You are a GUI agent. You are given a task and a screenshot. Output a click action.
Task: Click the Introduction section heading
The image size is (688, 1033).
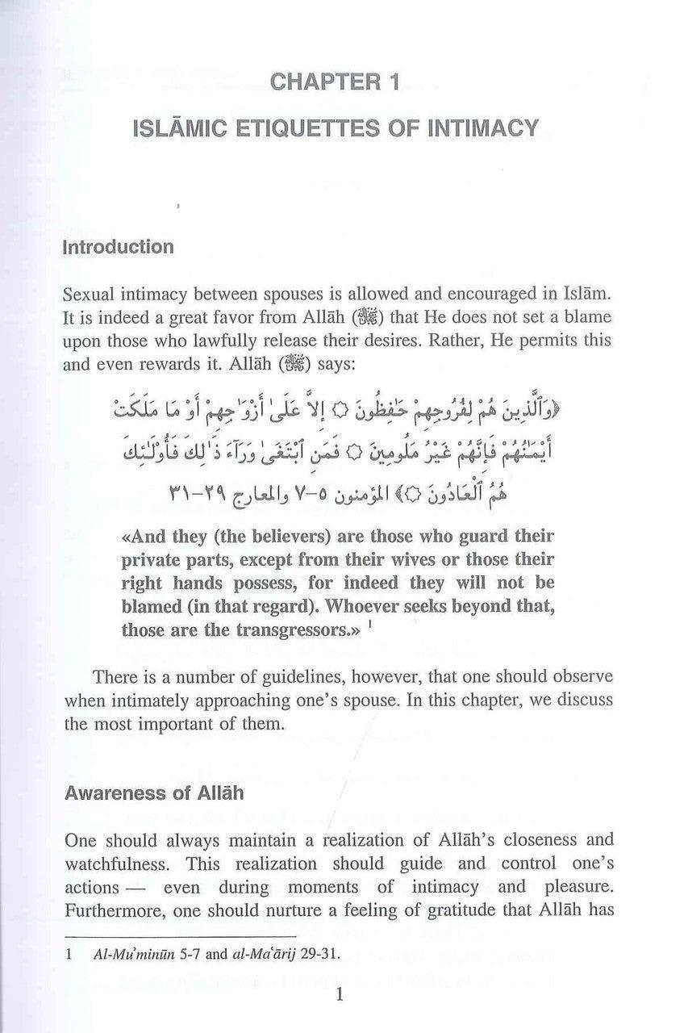(x=119, y=247)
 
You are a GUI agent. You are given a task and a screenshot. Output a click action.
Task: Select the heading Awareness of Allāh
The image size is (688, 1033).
(x=154, y=793)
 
